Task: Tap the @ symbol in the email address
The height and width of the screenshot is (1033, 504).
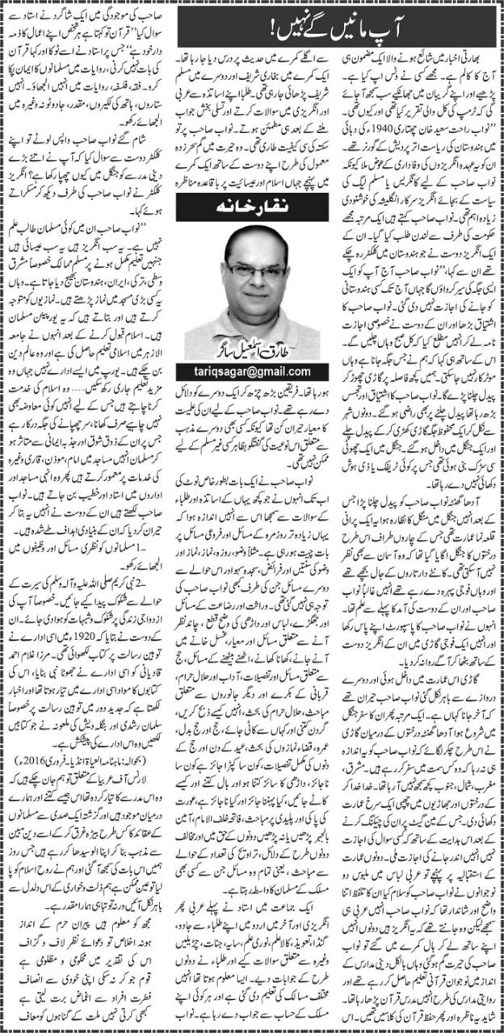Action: pyautogui.click(x=259, y=371)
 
